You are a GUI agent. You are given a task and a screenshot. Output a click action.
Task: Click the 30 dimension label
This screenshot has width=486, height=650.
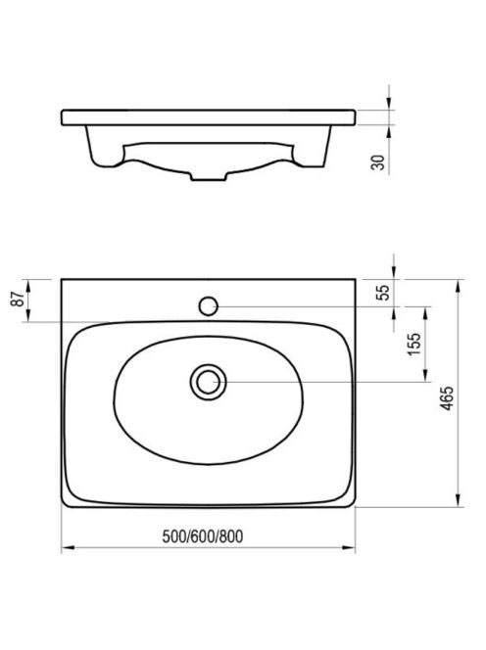378,162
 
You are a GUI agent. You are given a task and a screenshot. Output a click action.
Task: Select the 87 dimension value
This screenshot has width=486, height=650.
18,299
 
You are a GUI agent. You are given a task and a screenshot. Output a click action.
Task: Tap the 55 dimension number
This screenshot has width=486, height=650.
384,293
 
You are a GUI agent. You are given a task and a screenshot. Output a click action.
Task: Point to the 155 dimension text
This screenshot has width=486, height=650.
414,344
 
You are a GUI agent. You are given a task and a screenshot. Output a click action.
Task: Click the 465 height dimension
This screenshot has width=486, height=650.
447,398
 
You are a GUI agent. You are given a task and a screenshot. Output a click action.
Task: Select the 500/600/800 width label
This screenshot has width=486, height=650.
203,536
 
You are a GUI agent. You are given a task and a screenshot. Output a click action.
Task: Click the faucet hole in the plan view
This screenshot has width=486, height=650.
209,306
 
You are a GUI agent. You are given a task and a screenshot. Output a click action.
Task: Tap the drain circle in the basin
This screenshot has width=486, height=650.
209,382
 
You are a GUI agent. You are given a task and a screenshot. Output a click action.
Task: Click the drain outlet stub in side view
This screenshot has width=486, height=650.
209,176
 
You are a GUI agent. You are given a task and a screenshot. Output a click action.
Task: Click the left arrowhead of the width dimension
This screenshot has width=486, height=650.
68,547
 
